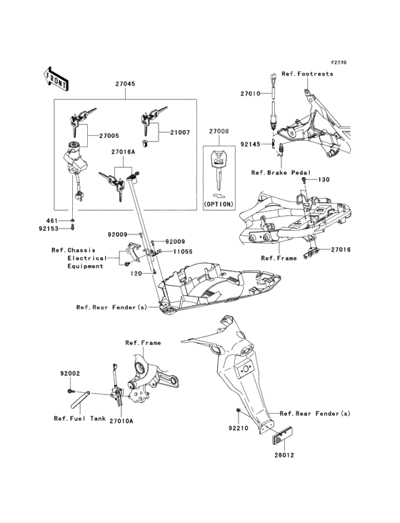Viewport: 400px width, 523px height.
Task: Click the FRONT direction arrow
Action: pos(56,79)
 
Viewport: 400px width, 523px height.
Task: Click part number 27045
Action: pos(125,84)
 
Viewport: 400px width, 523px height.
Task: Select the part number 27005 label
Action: pos(109,136)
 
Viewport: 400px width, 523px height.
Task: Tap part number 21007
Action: pos(180,132)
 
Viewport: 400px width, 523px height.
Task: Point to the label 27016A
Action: pos(123,152)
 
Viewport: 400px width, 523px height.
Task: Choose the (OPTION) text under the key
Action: pos(219,204)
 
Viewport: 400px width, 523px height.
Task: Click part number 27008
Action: pos(219,131)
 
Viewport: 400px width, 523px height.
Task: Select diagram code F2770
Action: pos(339,62)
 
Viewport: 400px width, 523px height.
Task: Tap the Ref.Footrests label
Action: pos(307,74)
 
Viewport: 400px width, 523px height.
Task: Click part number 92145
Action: pos(250,144)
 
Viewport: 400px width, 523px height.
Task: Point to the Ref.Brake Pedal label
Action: pos(281,173)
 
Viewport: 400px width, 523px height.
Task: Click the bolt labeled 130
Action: pos(304,180)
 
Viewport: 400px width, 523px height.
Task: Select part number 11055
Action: pos(183,251)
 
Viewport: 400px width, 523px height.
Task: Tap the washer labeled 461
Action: pos(73,221)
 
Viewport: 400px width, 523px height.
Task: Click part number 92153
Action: pos(49,229)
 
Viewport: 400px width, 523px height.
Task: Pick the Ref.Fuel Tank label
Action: pos(80,418)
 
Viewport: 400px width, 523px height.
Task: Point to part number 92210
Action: pos(238,428)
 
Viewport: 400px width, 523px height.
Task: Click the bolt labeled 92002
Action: pos(70,391)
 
